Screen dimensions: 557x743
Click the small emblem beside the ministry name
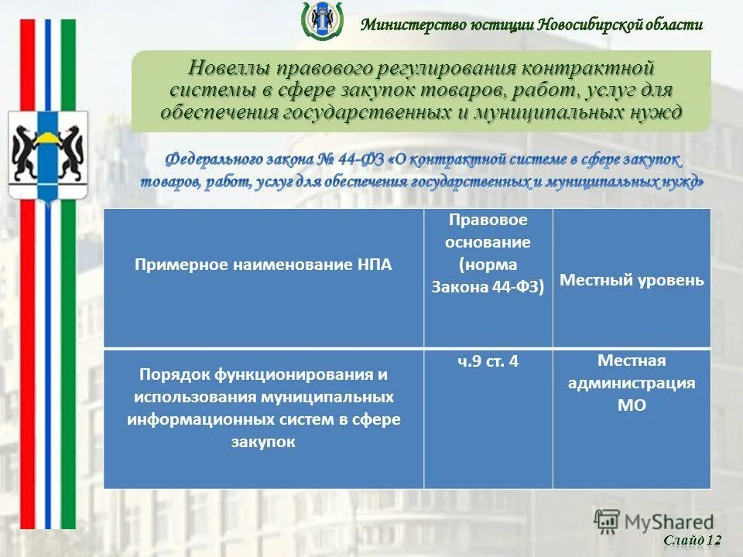click(x=321, y=20)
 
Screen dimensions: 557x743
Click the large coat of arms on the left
click(x=47, y=155)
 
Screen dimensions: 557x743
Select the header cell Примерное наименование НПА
click(x=263, y=265)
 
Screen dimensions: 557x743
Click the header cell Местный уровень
click(x=632, y=280)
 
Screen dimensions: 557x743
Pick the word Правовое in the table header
click(x=488, y=220)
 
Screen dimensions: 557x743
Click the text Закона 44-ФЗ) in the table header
click(x=488, y=287)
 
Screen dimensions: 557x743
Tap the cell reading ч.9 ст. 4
click(x=488, y=361)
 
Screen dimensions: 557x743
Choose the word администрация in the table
click(x=632, y=383)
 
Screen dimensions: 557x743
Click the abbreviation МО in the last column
click(x=632, y=405)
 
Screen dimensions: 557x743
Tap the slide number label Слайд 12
click(x=693, y=540)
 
